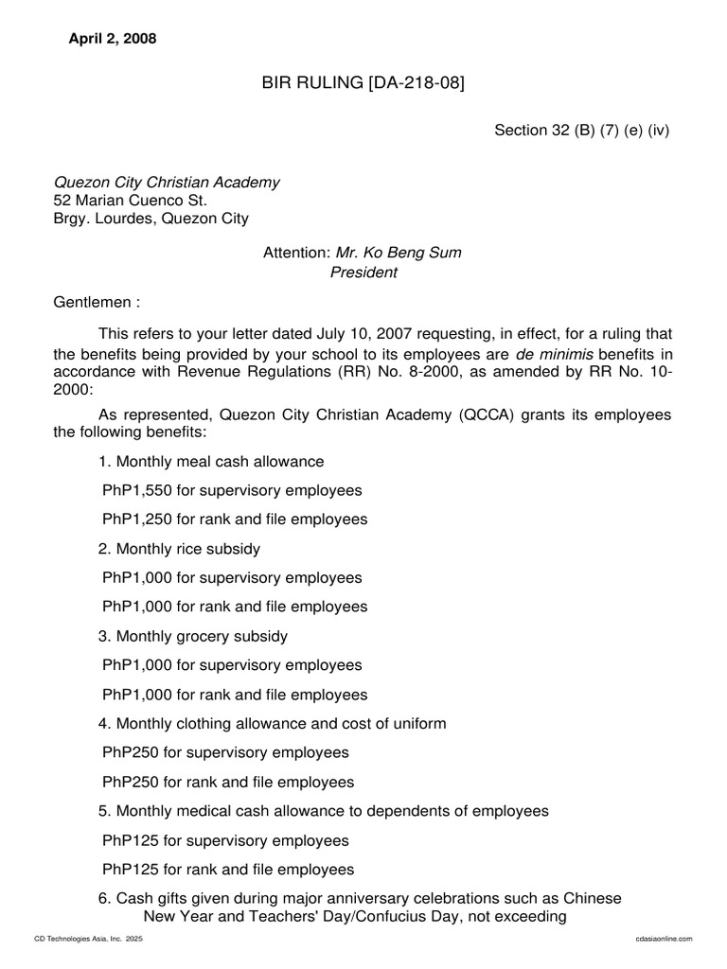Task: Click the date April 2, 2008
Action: coord(113,39)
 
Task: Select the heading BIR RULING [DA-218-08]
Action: coord(363,85)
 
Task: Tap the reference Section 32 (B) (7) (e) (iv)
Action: coord(581,131)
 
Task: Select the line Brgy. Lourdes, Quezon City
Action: coord(151,219)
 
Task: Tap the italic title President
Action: coord(363,273)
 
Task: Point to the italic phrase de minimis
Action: coord(550,352)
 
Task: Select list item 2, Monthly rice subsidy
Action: coord(179,549)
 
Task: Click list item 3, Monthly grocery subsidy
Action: coord(192,636)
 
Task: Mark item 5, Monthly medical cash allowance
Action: coord(323,811)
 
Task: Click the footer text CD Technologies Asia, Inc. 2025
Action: coord(88,938)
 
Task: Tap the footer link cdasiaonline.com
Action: coord(665,938)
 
